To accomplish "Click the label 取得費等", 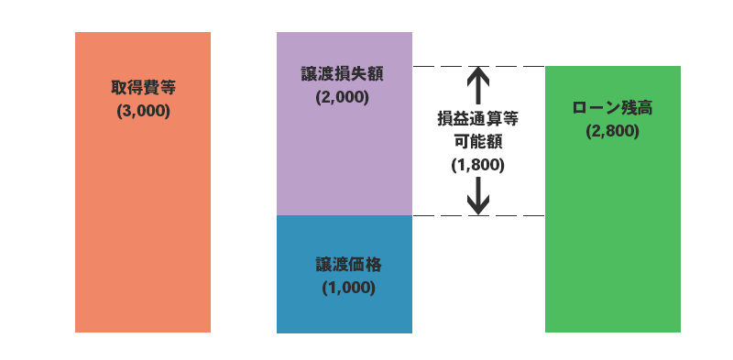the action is [x=143, y=89].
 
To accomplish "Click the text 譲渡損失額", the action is [x=342, y=74].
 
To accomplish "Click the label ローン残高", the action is [x=612, y=107].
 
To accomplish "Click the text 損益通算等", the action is [x=477, y=118].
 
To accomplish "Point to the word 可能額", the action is [x=477, y=142].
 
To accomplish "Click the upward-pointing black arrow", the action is [x=477, y=85].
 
